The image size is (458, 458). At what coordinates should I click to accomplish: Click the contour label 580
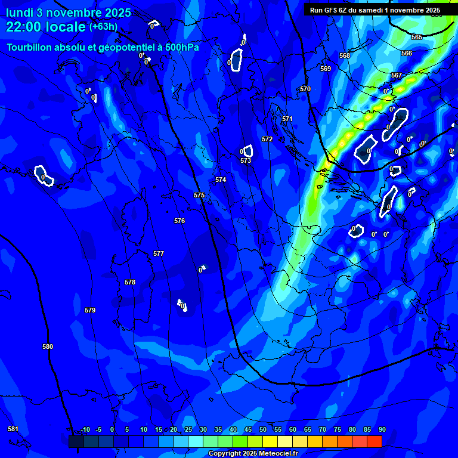tap(48, 346)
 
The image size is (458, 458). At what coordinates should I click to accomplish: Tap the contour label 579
tap(90, 310)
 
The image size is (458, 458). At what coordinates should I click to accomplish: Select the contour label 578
tap(130, 282)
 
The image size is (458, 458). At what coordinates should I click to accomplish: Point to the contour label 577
tap(158, 253)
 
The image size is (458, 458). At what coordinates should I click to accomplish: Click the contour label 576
tap(180, 221)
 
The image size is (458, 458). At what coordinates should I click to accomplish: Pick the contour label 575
tap(199, 195)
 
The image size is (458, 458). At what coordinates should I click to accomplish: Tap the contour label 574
tap(221, 180)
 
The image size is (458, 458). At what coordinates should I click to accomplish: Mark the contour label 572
tap(267, 139)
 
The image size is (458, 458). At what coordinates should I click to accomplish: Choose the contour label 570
tap(305, 89)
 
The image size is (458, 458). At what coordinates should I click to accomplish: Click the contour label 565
tap(417, 37)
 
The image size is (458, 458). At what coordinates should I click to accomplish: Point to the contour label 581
tap(13, 429)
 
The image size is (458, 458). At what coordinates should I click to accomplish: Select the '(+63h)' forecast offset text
tap(103, 27)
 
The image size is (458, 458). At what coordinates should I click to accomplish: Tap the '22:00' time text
tap(22, 27)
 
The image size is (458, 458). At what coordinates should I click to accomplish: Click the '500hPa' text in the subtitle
tap(179, 47)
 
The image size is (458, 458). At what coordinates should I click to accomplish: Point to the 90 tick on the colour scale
tap(382, 429)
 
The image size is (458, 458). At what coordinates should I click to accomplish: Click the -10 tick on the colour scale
tap(85, 429)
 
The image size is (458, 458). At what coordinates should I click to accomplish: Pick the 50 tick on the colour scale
tap(263, 429)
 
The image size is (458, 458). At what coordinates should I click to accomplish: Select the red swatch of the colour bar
tap(374, 441)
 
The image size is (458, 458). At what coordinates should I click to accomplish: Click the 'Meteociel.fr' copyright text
tap(275, 453)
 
